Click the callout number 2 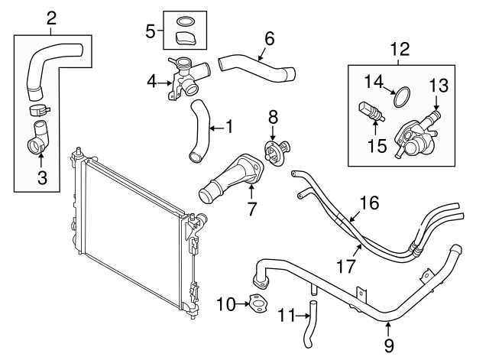tap(51, 17)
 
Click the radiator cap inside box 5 tap(185, 37)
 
